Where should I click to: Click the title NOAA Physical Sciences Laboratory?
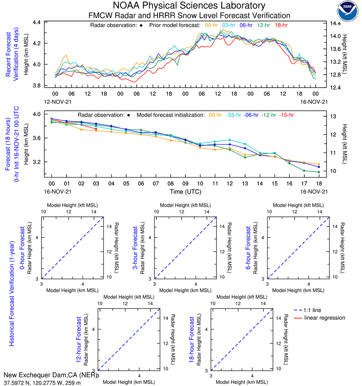pyautogui.click(x=189, y=6)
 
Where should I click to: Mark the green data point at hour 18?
pyautogui.click(x=319, y=172)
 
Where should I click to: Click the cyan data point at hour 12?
pyautogui.click(x=230, y=140)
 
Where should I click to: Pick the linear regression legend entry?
pyautogui.click(x=325, y=318)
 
